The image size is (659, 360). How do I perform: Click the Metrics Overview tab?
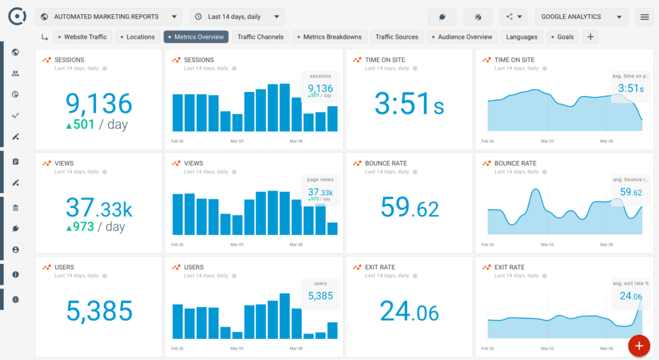point(196,37)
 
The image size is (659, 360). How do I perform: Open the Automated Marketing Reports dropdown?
point(108,17)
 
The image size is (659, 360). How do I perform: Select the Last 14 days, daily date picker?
point(237,17)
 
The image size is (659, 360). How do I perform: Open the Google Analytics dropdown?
point(580,17)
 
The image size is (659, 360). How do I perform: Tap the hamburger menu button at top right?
point(644,17)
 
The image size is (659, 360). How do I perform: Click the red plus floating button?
point(638,346)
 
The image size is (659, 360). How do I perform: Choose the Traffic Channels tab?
point(260,37)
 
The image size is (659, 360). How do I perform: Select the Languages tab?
point(521,37)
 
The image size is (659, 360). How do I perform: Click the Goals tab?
point(562,37)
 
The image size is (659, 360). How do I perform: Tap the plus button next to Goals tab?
point(590,37)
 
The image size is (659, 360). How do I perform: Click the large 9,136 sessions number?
point(98,103)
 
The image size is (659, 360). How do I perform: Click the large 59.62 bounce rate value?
point(409,208)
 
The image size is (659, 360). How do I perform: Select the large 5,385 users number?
point(99,312)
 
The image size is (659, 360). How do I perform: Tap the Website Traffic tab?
point(82,37)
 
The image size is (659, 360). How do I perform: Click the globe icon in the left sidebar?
point(15,53)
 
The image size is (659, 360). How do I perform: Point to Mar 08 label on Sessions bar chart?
point(296,140)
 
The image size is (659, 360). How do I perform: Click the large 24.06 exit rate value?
point(409,312)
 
